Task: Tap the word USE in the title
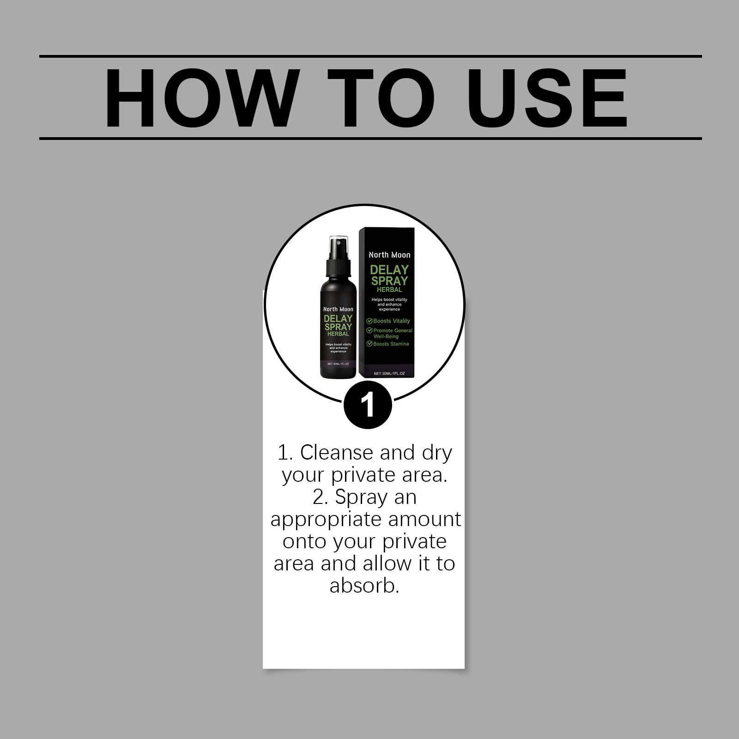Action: pos(547,98)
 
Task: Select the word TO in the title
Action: pos(382,98)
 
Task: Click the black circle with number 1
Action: pos(368,405)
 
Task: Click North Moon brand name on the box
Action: pos(389,255)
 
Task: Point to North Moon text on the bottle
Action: pos(338,309)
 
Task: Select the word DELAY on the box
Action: pos(389,270)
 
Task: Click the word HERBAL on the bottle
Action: pos(338,334)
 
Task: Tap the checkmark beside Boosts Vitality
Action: pos(369,321)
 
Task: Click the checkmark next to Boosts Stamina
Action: pos(369,344)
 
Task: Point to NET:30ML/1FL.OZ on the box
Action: pos(389,373)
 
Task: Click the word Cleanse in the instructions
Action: pos(337,453)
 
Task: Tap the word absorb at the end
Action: pos(364,586)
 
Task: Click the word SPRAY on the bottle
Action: pos(338,327)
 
